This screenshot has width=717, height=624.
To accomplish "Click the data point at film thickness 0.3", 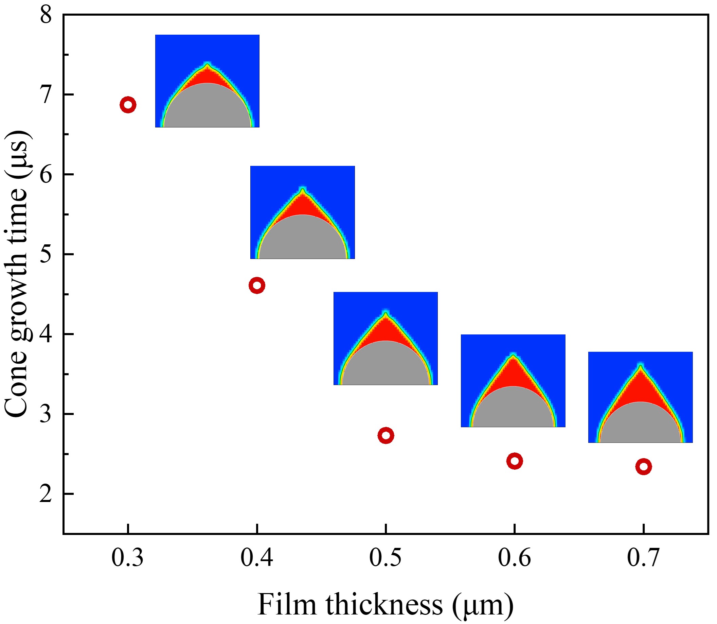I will pyautogui.click(x=128, y=104).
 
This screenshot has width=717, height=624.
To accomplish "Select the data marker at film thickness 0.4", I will pyautogui.click(x=257, y=285).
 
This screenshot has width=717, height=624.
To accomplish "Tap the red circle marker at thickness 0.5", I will pyautogui.click(x=386, y=435).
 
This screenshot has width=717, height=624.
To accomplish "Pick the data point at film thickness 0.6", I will pyautogui.click(x=515, y=461).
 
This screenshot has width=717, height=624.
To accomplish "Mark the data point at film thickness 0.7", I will pyautogui.click(x=644, y=467).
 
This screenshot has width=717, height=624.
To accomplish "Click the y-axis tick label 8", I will pyautogui.click(x=46, y=15).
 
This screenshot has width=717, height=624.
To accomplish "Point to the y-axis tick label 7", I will pyautogui.click(x=46, y=95).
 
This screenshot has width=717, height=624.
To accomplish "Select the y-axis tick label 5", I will pyautogui.click(x=46, y=255).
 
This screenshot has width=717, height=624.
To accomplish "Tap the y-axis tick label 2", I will pyautogui.click(x=46, y=494).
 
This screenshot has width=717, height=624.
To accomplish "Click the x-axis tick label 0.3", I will pyautogui.click(x=127, y=557).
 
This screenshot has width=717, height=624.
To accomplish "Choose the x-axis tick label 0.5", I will pyautogui.click(x=385, y=557).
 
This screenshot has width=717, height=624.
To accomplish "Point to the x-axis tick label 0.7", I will pyautogui.click(x=643, y=557).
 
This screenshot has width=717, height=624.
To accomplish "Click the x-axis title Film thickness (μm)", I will pyautogui.click(x=385, y=605).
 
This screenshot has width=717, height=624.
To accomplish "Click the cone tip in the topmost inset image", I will pyautogui.click(x=208, y=65).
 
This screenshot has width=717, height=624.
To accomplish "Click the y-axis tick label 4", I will pyautogui.click(x=46, y=334).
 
